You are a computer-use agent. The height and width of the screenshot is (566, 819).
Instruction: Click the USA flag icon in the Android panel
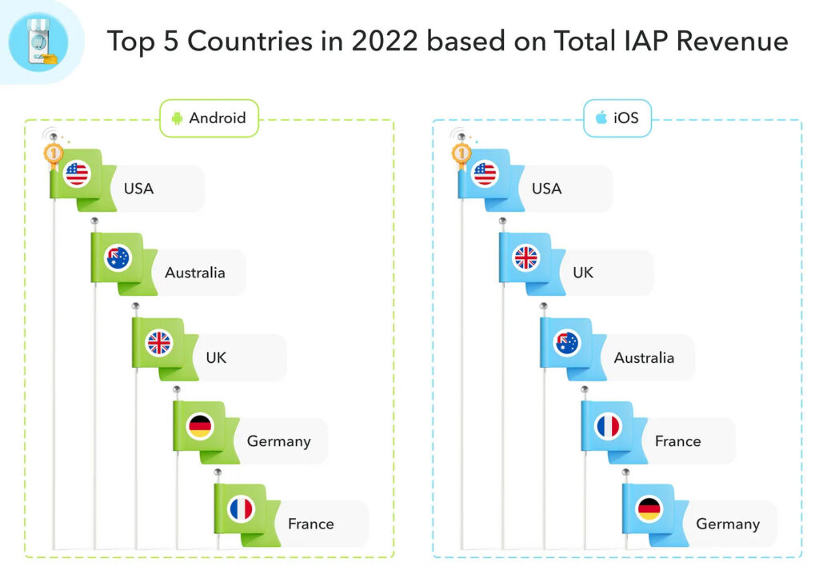point(78,173)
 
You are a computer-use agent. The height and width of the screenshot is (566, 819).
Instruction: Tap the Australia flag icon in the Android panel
point(118,258)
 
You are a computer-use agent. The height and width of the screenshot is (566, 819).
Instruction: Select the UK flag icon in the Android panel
point(159,342)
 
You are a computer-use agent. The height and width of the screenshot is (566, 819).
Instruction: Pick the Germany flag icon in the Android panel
point(200,426)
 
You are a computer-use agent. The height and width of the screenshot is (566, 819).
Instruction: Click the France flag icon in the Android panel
point(241,509)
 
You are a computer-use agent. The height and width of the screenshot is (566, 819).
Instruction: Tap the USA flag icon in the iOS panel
point(485,173)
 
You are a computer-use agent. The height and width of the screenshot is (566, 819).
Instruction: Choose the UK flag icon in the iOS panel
point(526,258)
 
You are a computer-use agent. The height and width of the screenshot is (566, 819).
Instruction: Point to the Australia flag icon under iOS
point(567,342)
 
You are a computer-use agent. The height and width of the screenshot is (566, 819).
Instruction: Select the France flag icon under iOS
point(608,426)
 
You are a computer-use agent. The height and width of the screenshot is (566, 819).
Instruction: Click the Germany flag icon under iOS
point(649,509)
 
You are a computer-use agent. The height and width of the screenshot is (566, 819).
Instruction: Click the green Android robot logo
point(177,118)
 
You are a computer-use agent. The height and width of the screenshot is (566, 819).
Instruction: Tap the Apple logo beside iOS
point(600,118)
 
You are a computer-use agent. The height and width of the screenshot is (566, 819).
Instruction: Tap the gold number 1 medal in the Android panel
point(54,152)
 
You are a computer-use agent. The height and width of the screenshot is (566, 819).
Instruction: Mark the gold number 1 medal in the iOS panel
point(461,152)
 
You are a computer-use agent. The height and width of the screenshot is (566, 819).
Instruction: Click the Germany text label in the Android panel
point(278,440)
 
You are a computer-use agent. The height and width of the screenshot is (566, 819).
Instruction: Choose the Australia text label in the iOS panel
point(644,357)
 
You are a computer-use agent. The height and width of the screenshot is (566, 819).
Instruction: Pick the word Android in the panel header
point(217,118)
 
